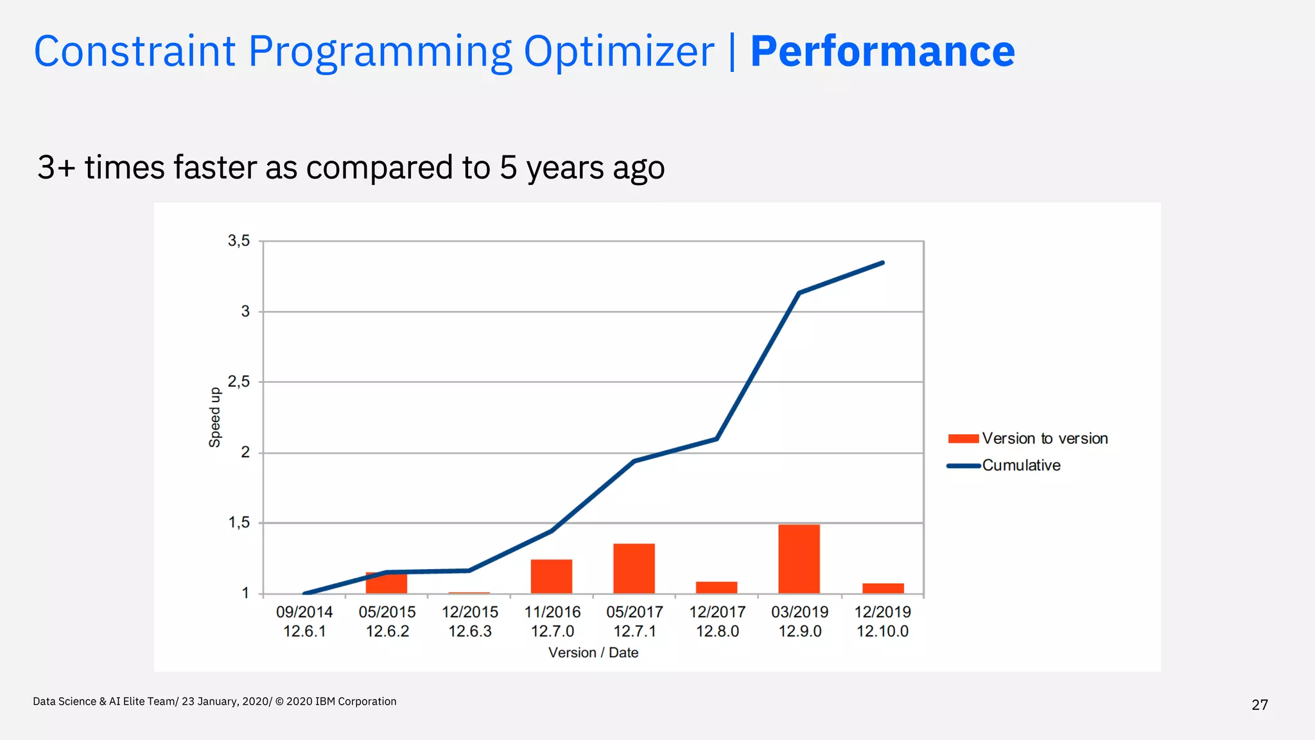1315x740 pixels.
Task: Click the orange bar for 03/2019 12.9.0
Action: point(799,559)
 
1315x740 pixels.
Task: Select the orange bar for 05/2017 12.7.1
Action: point(634,568)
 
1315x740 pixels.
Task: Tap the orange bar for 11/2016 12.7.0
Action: point(552,576)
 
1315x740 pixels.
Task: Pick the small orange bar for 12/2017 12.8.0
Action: point(717,588)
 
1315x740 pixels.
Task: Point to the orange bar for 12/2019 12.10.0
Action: point(883,588)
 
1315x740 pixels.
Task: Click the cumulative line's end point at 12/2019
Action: point(883,263)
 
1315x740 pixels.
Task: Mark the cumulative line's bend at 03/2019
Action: point(799,293)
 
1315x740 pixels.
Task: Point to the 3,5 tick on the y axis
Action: point(239,241)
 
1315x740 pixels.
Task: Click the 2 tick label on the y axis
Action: point(245,452)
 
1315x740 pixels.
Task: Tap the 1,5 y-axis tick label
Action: point(239,523)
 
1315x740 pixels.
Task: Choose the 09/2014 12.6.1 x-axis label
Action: point(304,621)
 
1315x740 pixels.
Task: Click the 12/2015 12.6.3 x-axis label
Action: point(469,621)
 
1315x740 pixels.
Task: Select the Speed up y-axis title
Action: point(214,417)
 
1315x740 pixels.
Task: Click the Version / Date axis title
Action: point(593,653)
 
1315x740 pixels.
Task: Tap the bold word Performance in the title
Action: point(882,51)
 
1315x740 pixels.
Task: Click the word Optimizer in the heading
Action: point(618,51)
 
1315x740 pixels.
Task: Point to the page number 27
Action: point(1260,705)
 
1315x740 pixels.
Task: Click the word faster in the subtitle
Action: point(215,167)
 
